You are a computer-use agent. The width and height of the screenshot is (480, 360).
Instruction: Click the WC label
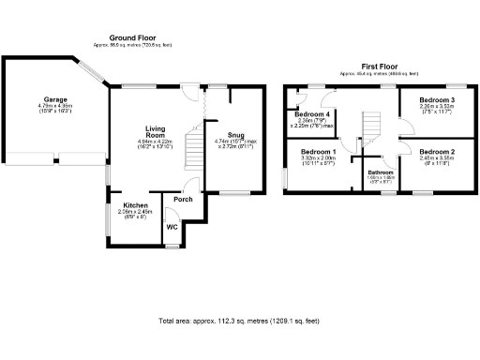(172, 226)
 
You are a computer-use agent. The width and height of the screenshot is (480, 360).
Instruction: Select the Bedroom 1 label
(318, 151)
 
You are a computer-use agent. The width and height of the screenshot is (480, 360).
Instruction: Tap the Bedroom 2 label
(436, 151)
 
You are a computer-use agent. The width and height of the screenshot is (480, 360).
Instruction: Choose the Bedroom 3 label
(436, 99)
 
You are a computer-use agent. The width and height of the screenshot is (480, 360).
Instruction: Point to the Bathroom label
(380, 172)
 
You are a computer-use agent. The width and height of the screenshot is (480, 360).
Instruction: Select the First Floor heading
(379, 66)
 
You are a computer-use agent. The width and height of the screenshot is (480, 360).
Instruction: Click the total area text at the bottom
(239, 321)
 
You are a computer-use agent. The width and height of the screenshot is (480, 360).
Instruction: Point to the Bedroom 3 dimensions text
(436, 109)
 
